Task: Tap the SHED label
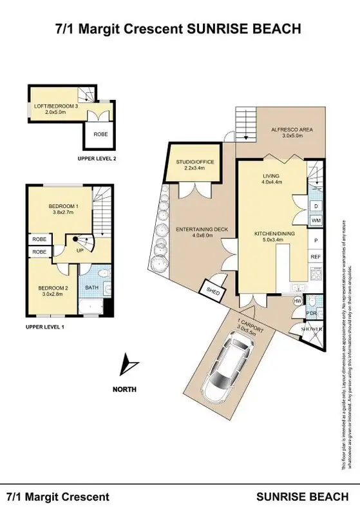[212, 290]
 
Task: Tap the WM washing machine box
[316, 221]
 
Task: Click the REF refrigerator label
[316, 256]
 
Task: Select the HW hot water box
[298, 301]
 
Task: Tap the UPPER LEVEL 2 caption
[97, 158]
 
